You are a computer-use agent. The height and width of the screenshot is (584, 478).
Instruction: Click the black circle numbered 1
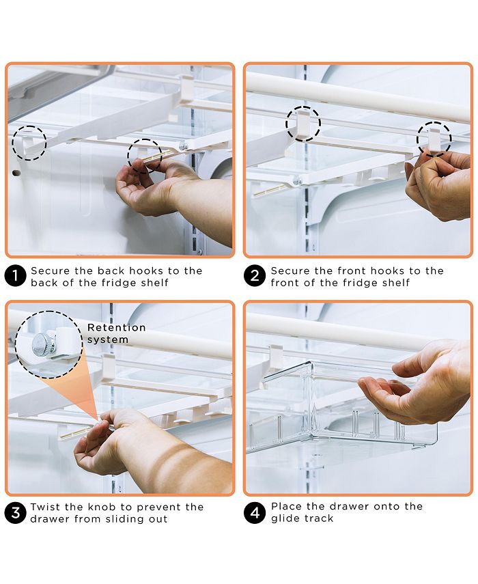click(15, 276)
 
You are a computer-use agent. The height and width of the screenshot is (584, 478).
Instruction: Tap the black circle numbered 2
click(255, 276)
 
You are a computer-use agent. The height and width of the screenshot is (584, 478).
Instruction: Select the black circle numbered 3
click(15, 512)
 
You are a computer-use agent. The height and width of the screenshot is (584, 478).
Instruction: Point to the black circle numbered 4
click(255, 512)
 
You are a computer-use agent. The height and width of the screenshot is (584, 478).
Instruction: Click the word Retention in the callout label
click(117, 328)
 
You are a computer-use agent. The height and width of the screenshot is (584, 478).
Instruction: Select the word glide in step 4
click(285, 518)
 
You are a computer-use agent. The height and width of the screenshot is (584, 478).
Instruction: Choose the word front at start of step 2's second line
click(285, 283)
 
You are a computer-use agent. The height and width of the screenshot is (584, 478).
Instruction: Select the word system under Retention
click(108, 339)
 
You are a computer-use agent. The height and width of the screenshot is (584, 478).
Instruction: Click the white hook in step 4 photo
click(276, 356)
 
